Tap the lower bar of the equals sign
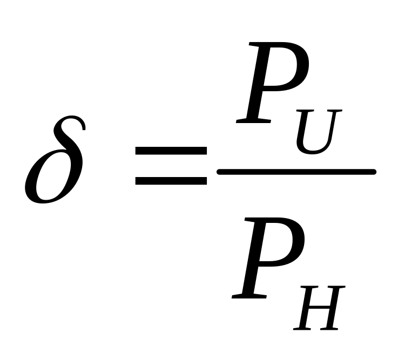(x=171, y=180)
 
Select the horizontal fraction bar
(x=296, y=172)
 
